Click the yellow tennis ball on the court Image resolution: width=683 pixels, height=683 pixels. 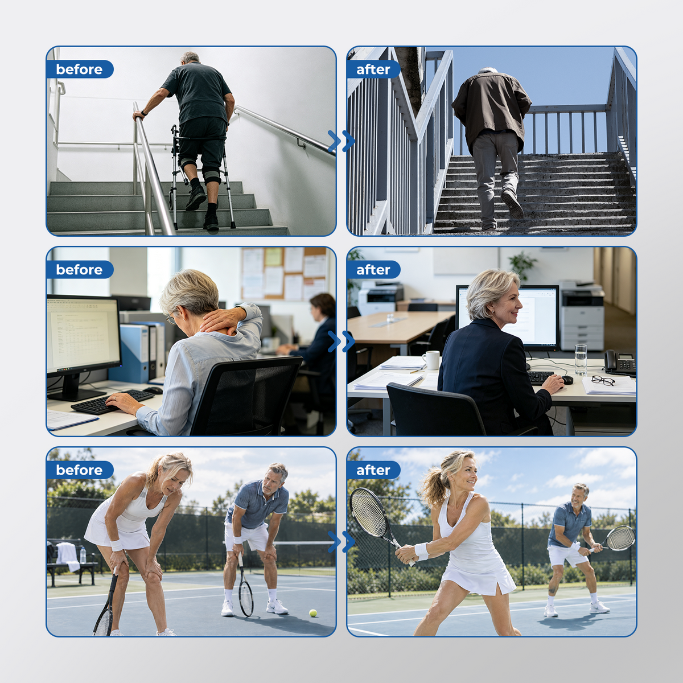point(313,613)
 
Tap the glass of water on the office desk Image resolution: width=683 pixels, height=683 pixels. point(580,359)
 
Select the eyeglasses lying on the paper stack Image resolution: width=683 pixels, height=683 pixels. point(603,381)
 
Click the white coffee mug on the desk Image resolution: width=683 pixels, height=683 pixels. point(431,360)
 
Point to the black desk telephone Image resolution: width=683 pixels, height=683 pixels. point(620,363)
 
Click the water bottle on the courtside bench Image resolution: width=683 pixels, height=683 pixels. point(83,555)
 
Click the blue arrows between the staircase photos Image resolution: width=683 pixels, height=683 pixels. point(341,141)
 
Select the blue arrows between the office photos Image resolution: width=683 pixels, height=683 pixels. point(341,341)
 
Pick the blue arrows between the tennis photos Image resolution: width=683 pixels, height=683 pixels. point(341,542)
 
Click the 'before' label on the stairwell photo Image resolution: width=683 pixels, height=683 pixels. point(79,69)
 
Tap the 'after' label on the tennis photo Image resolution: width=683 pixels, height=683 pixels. point(373,470)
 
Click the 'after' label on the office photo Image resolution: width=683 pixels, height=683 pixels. point(373,270)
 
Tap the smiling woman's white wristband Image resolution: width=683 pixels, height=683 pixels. point(422,551)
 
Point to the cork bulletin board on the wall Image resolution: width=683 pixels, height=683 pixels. point(283,273)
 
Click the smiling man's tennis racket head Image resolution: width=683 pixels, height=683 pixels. point(621,538)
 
